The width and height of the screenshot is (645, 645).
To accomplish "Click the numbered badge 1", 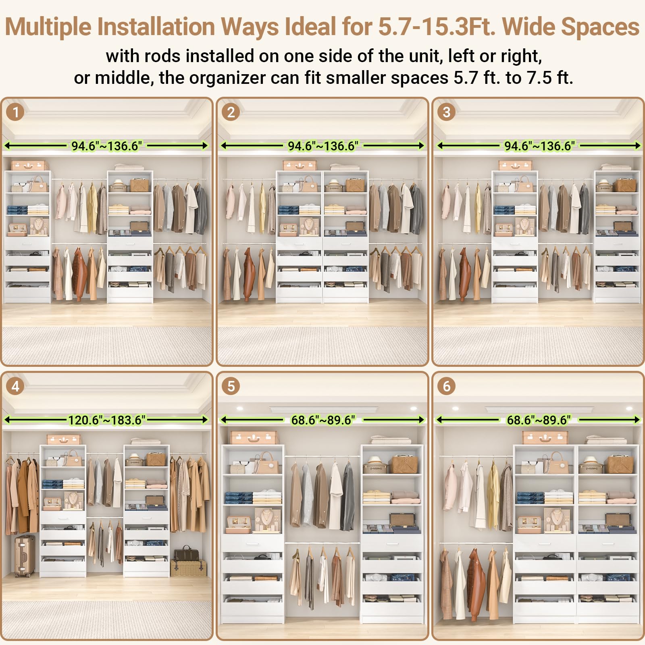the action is pyautogui.click(x=15, y=112).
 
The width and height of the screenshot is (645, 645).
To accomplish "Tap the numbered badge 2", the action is pyautogui.click(x=231, y=112).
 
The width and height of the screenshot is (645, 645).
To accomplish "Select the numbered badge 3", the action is pyautogui.click(x=446, y=112).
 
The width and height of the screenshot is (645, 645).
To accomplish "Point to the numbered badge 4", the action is pyautogui.click(x=15, y=386).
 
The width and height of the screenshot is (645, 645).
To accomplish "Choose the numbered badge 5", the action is pyautogui.click(x=231, y=386).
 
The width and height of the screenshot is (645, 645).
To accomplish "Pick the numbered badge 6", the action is pyautogui.click(x=446, y=386).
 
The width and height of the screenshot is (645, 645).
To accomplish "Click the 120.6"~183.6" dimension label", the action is pyautogui.click(x=106, y=420).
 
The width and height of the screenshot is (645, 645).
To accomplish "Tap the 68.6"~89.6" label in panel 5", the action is pyautogui.click(x=323, y=420).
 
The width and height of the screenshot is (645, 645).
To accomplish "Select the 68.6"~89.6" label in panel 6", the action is pyautogui.click(x=539, y=420).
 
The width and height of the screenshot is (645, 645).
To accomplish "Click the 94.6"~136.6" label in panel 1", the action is pyautogui.click(x=107, y=146).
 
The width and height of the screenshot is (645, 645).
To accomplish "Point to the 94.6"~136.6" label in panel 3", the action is pyautogui.click(x=539, y=146).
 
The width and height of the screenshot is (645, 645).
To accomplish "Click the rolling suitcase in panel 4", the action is pyautogui.click(x=25, y=556).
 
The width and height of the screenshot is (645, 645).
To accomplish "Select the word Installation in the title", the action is pyautogui.click(x=157, y=27).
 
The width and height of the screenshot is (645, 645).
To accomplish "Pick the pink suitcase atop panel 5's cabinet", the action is pyautogui.click(x=254, y=437).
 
